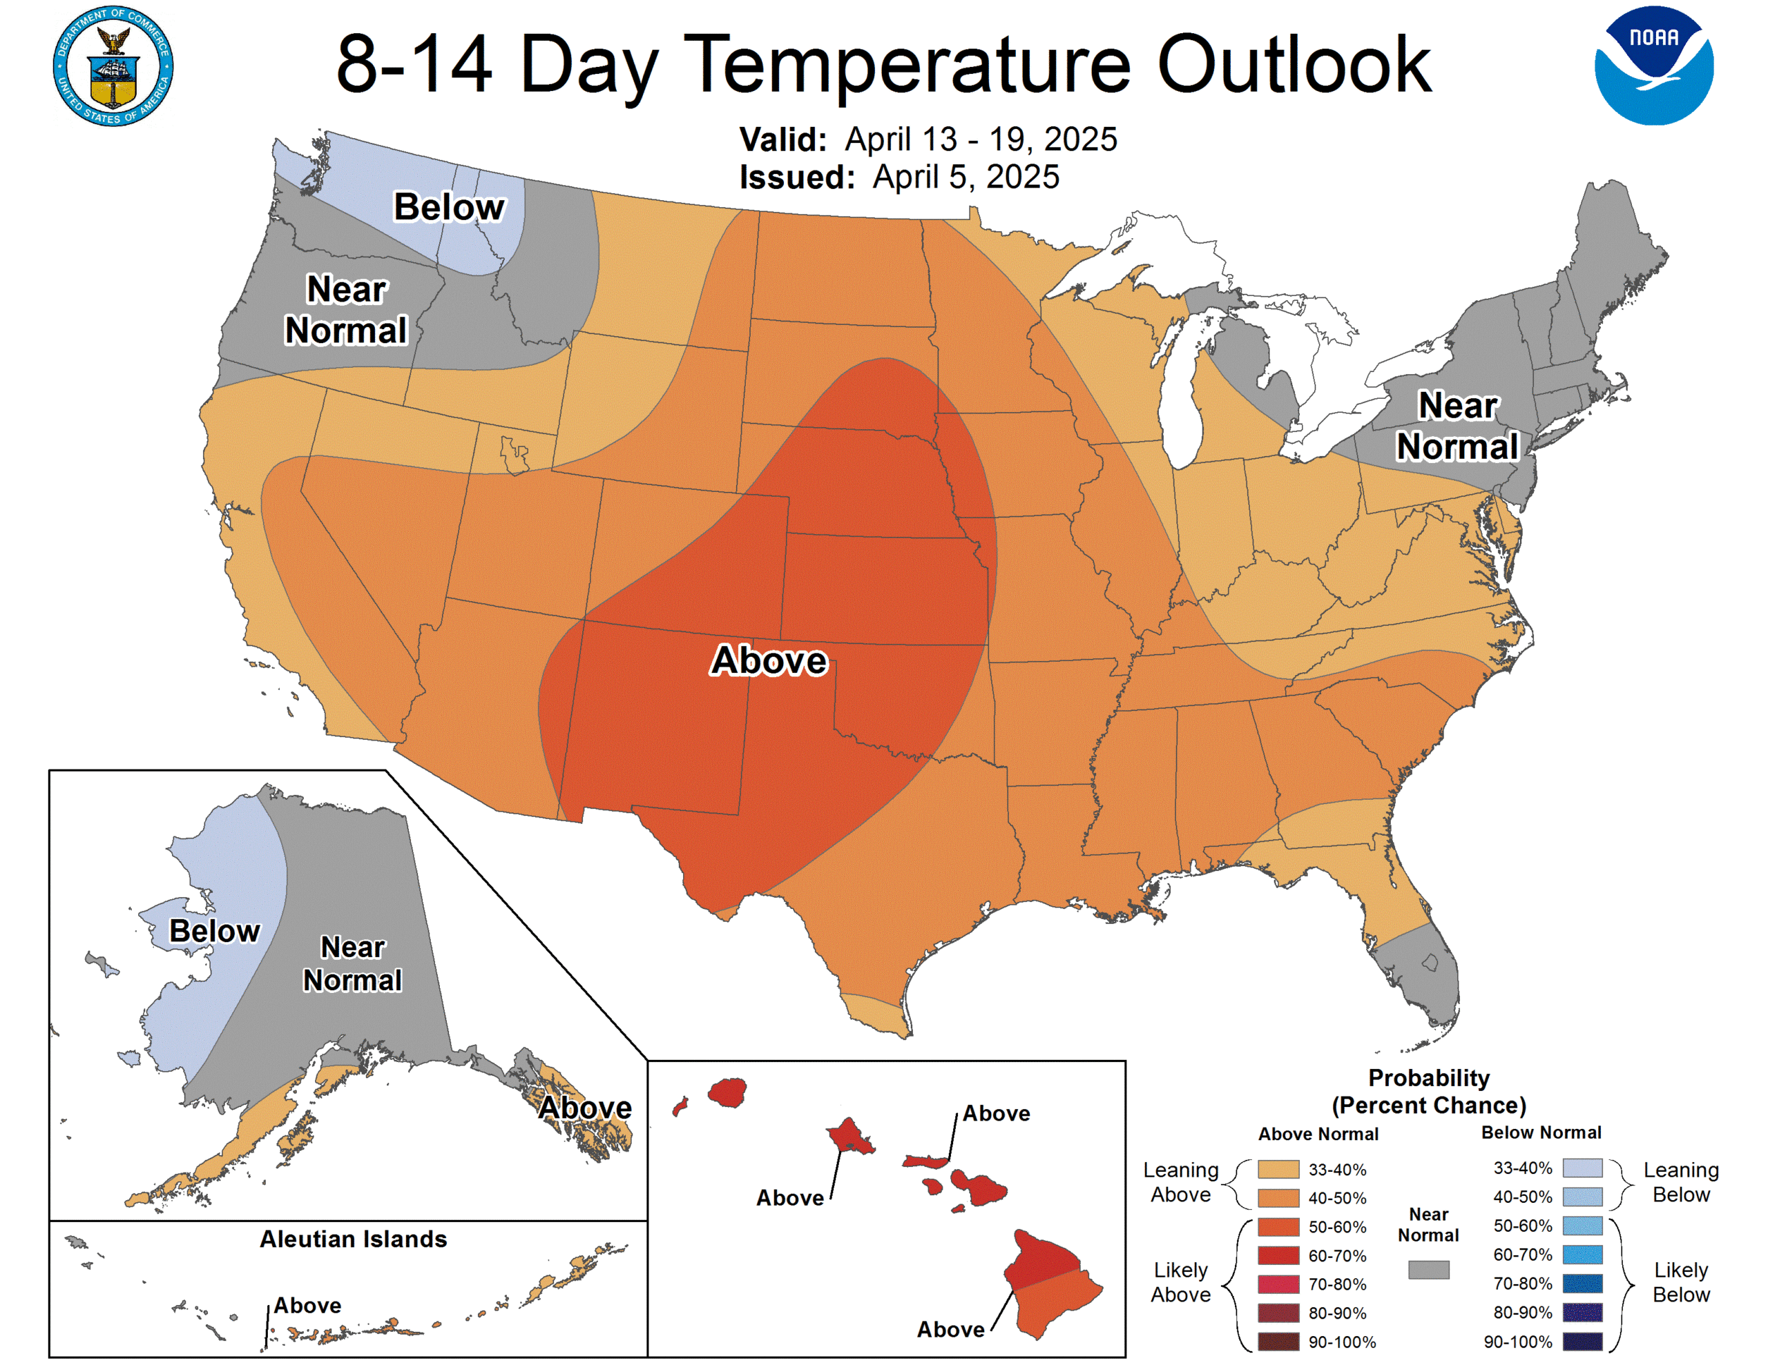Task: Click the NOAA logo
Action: pyautogui.click(x=1653, y=66)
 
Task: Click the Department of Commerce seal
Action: pyautogui.click(x=113, y=66)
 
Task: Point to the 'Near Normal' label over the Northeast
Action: pyautogui.click(x=1457, y=426)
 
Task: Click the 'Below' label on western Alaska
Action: pyautogui.click(x=215, y=930)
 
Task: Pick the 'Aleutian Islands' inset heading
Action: pyautogui.click(x=353, y=1239)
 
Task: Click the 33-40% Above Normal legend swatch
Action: pyautogui.click(x=1278, y=1169)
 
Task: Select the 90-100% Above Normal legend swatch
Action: pyautogui.click(x=1278, y=1342)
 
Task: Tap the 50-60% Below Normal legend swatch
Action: pyautogui.click(x=1582, y=1226)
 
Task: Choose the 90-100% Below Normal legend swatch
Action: pyautogui.click(x=1582, y=1342)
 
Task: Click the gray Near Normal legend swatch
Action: pyautogui.click(x=1428, y=1270)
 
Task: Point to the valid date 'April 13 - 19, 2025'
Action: pyautogui.click(x=980, y=139)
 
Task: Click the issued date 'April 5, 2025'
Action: pyautogui.click(x=965, y=177)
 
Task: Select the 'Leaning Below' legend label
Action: pyautogui.click(x=1680, y=1182)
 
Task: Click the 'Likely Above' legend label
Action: pyautogui.click(x=1180, y=1282)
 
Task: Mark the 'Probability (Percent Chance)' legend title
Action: pyautogui.click(x=1429, y=1092)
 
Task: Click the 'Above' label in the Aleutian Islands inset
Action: pyautogui.click(x=307, y=1305)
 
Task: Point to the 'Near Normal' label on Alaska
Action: pyautogui.click(x=352, y=963)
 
